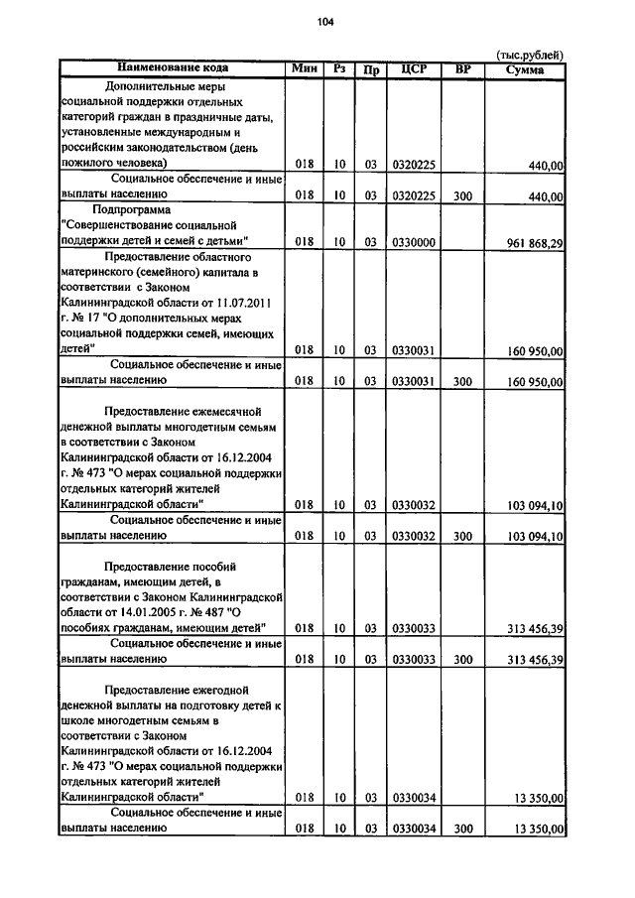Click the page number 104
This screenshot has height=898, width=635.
point(325,22)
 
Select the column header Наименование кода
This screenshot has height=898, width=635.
point(173,68)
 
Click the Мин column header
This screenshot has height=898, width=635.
point(304,68)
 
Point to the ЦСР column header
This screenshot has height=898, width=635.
point(414,68)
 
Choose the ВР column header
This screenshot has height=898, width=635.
point(461,68)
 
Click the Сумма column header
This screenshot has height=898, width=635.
point(524,68)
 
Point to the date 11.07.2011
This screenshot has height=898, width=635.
point(247,303)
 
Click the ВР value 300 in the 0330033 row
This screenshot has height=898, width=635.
point(461,659)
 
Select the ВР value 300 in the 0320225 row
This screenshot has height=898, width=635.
point(461,196)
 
